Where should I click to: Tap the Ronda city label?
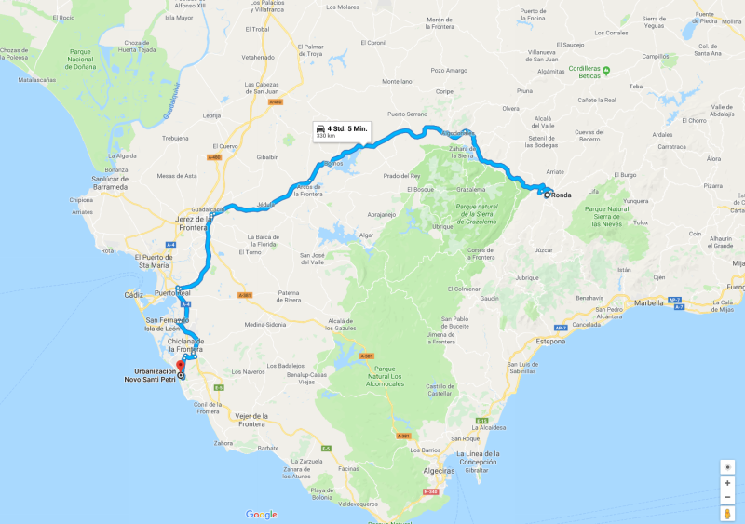pos(561,195)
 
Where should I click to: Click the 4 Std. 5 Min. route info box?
pos(342,130)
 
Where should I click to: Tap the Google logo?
pos(262,515)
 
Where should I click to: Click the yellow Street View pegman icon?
pos(727,514)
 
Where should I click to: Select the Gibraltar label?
pos(477,471)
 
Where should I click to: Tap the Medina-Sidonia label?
pos(262,325)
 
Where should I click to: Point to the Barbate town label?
pos(268,448)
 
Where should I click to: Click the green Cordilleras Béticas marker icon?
pos(605,70)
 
